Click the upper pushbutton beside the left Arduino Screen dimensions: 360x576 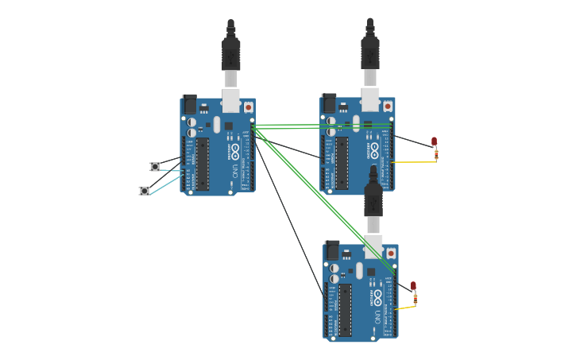[x=155, y=167]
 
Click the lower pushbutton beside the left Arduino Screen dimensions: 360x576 [x=144, y=191]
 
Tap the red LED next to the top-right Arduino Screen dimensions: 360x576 [x=434, y=141]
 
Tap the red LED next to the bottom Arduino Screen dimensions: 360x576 [x=413, y=285]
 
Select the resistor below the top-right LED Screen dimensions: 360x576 [x=435, y=155]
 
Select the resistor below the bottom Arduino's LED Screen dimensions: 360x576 [x=415, y=299]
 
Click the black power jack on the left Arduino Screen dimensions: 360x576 [x=190, y=104]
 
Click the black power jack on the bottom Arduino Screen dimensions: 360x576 [x=332, y=250]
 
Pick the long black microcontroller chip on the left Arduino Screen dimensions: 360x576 [x=203, y=164]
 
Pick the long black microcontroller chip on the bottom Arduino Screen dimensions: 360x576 [x=345, y=310]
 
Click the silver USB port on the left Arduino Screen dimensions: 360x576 [x=230, y=100]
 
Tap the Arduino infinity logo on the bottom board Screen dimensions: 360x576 [x=377, y=296]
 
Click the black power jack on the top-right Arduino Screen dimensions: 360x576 [x=329, y=103]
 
